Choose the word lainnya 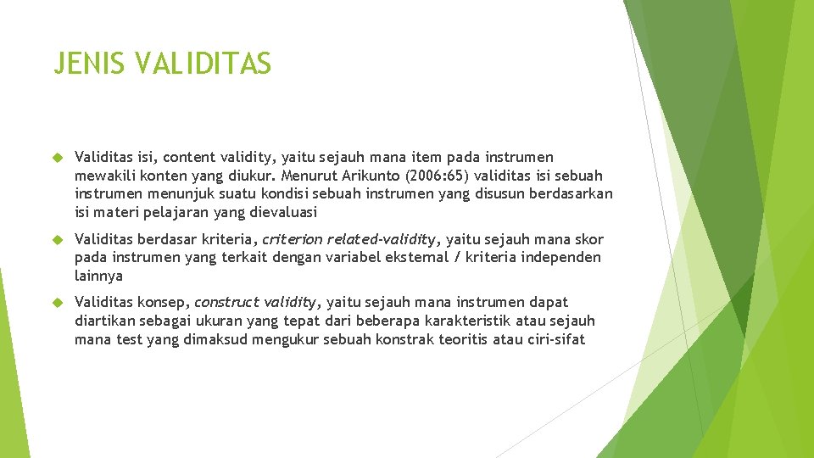tap(98, 276)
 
